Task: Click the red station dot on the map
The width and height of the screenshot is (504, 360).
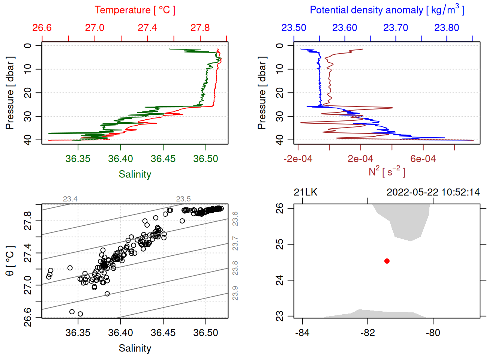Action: click(x=387, y=261)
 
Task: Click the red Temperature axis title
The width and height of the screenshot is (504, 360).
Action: click(x=135, y=10)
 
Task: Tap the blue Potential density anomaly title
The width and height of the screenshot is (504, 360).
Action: click(x=387, y=10)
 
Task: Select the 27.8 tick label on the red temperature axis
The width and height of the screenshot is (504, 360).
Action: click(x=200, y=28)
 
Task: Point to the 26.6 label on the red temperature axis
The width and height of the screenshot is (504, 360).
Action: click(x=42, y=28)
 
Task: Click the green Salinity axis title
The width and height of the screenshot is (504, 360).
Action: click(x=135, y=174)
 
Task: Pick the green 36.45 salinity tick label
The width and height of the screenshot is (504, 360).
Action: click(x=163, y=159)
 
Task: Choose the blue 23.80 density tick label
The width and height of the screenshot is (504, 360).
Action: click(x=447, y=28)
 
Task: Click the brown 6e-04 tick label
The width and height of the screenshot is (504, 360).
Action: click(x=423, y=159)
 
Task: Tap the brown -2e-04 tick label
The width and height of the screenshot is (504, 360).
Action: click(x=298, y=159)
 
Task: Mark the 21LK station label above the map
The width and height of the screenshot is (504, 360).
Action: click(x=306, y=192)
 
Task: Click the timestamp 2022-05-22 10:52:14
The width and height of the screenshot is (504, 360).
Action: click(x=433, y=192)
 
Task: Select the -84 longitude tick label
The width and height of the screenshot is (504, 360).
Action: click(x=302, y=333)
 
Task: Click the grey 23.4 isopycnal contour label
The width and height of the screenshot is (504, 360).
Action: click(x=70, y=199)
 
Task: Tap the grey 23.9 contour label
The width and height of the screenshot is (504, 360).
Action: click(x=235, y=293)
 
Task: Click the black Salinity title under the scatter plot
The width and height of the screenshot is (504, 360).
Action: click(x=135, y=348)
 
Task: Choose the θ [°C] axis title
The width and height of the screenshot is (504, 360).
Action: click(x=10, y=261)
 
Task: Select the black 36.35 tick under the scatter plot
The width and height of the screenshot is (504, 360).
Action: click(x=78, y=333)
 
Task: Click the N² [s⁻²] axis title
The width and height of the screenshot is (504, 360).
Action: click(x=387, y=172)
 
